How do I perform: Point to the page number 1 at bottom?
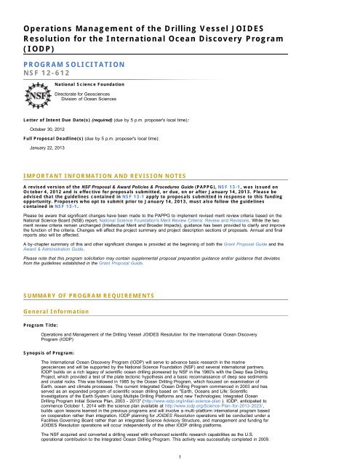[x=180, y=456]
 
